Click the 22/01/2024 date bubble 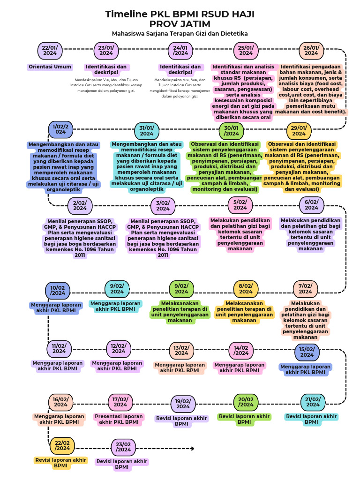tap(50, 51)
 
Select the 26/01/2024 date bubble tap(311, 51)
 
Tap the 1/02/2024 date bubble tap(60, 129)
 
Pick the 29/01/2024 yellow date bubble tap(299, 131)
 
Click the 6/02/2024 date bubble tap(311, 205)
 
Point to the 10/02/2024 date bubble tap(58, 290)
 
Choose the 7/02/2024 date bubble tap(305, 289)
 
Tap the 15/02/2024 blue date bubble tap(307, 352)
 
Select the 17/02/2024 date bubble tap(120, 402)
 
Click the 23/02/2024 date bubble tap(123, 447)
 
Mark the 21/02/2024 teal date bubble tap(313, 402)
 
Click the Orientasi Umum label tap(50, 67)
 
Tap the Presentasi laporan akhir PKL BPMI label tap(119, 419)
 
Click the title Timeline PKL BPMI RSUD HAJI tap(180, 15)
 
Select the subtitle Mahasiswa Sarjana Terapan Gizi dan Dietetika tap(180, 34)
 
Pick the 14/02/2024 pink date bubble tap(241, 350)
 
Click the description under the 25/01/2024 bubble tap(243, 92)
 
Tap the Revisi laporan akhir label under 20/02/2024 tap(244, 419)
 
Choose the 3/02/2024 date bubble tap(163, 206)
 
